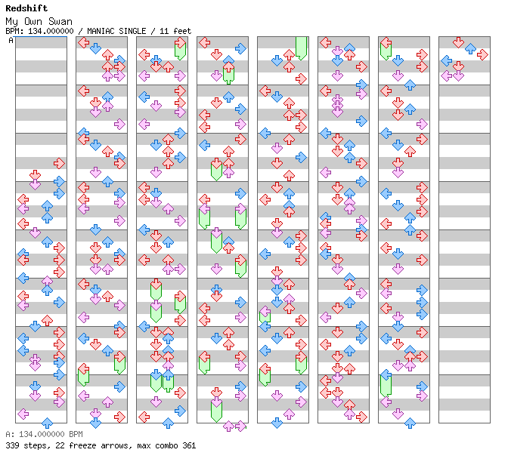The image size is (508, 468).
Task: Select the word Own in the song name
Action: click(x=36, y=21)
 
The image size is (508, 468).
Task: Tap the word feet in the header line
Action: click(x=181, y=31)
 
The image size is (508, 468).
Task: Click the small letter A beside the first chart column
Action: click(x=11, y=41)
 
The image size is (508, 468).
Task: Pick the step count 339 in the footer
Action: click(x=12, y=445)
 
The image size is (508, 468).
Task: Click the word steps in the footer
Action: click(x=34, y=445)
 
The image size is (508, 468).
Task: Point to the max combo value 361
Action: click(x=188, y=445)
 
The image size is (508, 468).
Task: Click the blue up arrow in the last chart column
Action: click(x=470, y=48)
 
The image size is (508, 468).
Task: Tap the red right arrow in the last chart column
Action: click(x=482, y=54)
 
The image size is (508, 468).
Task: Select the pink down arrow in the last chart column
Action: click(x=458, y=75)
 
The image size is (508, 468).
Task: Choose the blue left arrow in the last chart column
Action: click(x=446, y=60)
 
